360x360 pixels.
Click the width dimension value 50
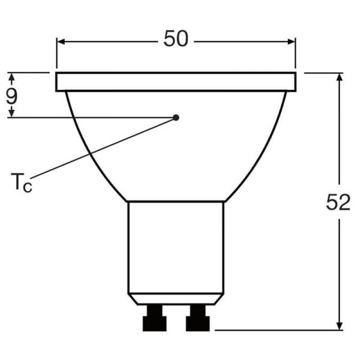click(176, 39)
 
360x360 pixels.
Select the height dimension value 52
click(338, 203)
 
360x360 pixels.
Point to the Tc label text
click(21, 182)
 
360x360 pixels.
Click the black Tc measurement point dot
click(176, 117)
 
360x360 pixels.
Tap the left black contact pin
click(153, 318)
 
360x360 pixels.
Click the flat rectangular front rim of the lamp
click(176, 82)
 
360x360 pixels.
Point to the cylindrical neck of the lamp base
click(176, 246)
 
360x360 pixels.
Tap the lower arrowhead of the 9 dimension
click(11, 113)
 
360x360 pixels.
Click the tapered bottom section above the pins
click(176, 298)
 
